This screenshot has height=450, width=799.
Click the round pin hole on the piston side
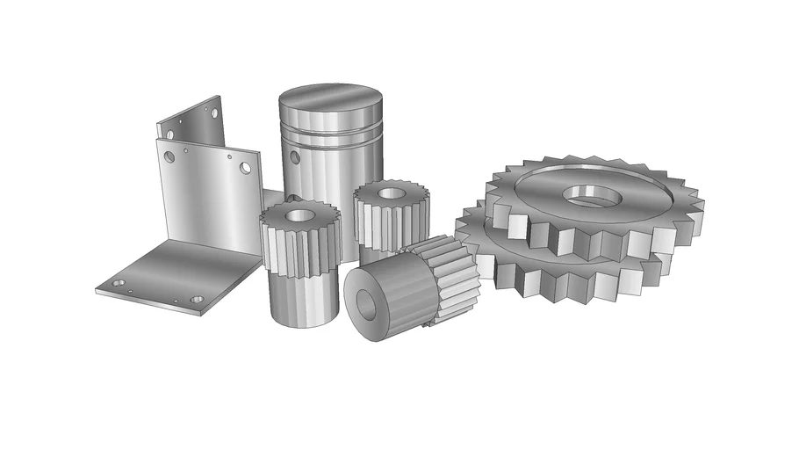(292, 158)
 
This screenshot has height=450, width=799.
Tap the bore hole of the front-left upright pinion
(296, 214)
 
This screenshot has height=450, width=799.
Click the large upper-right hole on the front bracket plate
(245, 167)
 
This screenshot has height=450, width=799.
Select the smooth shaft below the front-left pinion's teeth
(300, 299)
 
